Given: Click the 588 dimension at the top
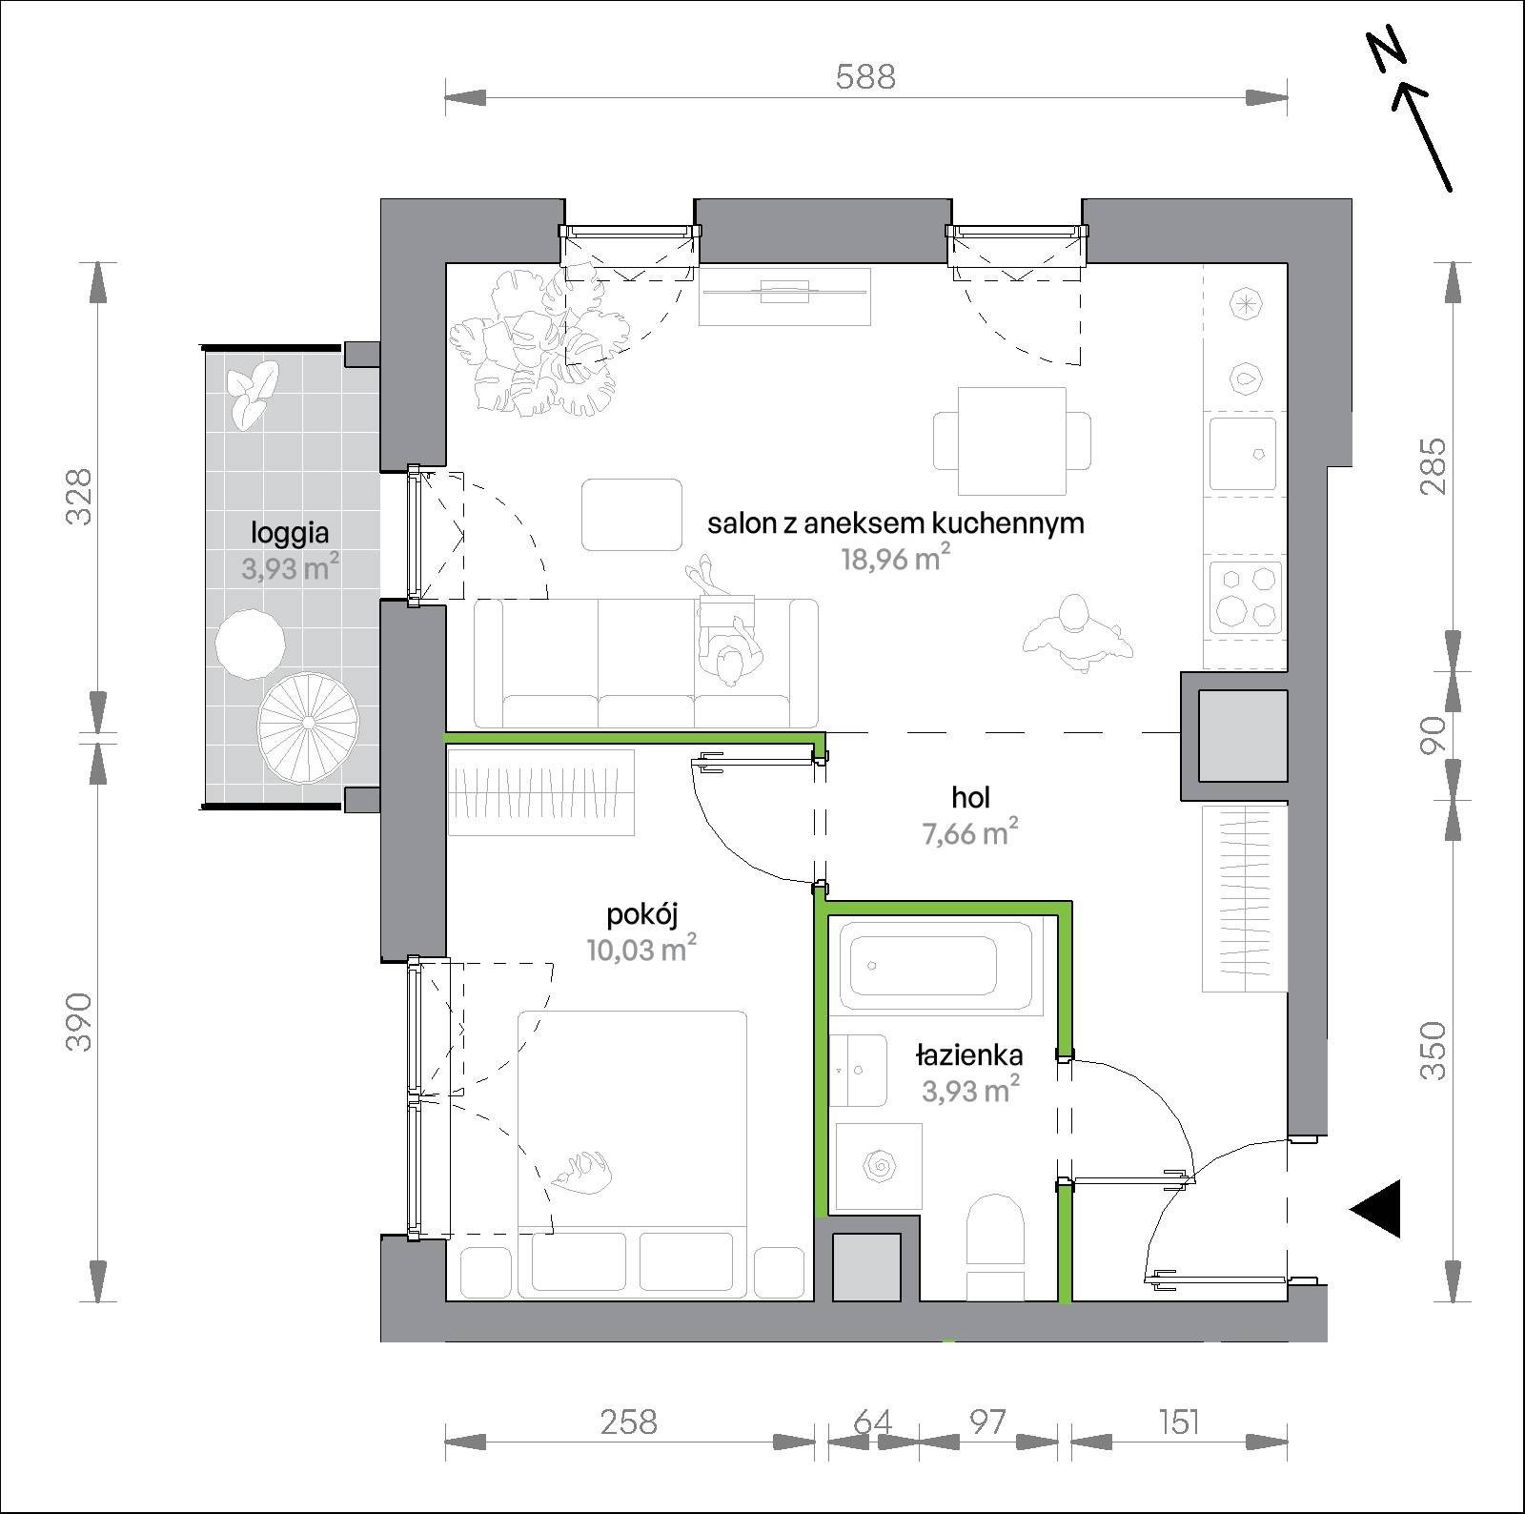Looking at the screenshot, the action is coord(865,76).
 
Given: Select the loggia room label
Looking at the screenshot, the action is coord(290,532).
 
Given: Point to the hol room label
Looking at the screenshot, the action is coord(970,797).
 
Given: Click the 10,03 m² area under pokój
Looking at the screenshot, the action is coord(642,949).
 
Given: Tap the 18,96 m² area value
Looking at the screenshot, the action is coord(895,558).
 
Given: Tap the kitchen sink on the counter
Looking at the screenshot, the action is coord(1243,454).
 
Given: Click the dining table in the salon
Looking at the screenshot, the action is coord(1011,441).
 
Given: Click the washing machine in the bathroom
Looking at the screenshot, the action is coord(879,1168).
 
